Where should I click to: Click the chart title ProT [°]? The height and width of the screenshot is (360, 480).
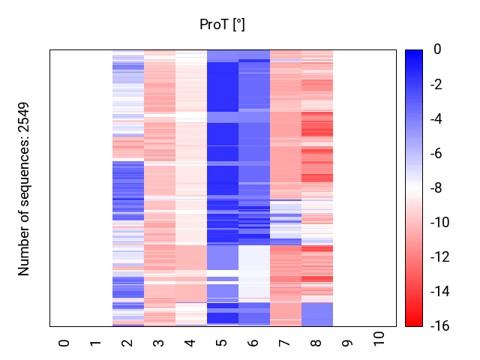222,25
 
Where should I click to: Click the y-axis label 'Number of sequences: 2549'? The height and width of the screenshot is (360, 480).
24,188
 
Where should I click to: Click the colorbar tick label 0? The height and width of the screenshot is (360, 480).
437,50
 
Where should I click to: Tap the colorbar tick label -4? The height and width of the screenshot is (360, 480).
440,119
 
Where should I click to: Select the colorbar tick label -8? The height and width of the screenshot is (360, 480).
440,188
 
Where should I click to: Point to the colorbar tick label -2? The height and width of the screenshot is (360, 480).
440,85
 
